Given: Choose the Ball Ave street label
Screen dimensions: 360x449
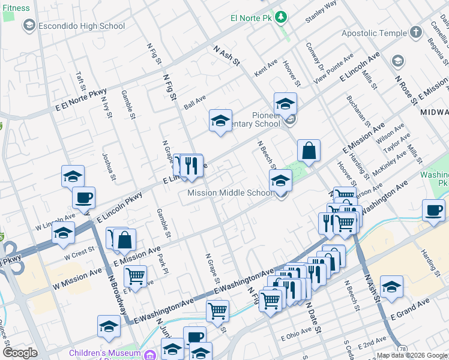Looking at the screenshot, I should [195, 101].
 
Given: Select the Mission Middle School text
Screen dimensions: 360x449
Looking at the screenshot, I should [231, 193].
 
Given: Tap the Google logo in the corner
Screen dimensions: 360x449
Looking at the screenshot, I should [20, 353].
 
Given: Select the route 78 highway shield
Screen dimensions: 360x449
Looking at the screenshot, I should [402, 349].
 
